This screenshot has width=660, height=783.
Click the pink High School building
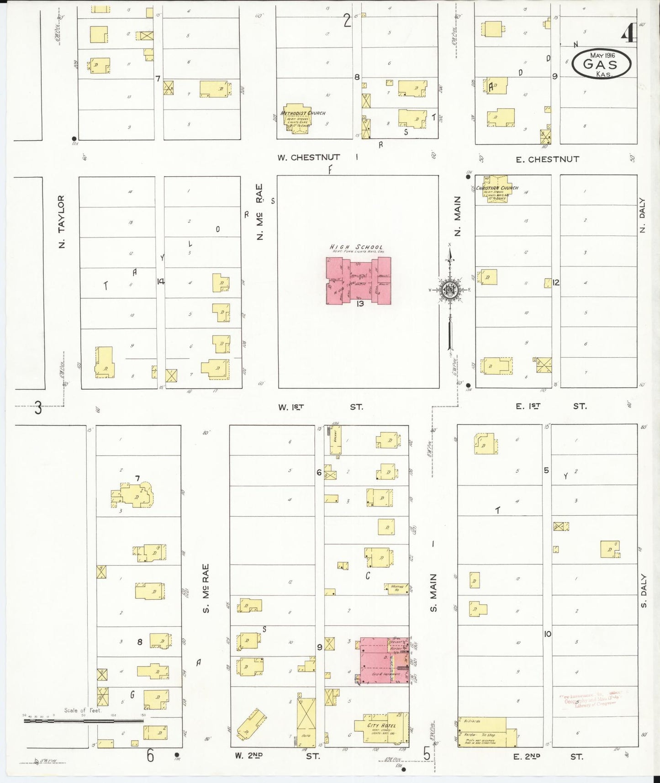[x=358, y=280]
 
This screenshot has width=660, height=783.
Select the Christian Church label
[x=497, y=188]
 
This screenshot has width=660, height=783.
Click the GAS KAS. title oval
[x=602, y=64]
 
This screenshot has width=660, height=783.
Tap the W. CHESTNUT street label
[x=309, y=158]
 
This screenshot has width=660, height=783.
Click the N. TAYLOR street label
[x=62, y=222]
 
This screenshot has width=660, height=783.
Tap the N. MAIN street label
[x=458, y=216]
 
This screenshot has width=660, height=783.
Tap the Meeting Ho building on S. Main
[x=396, y=588]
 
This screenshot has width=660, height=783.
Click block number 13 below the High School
[x=360, y=304]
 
